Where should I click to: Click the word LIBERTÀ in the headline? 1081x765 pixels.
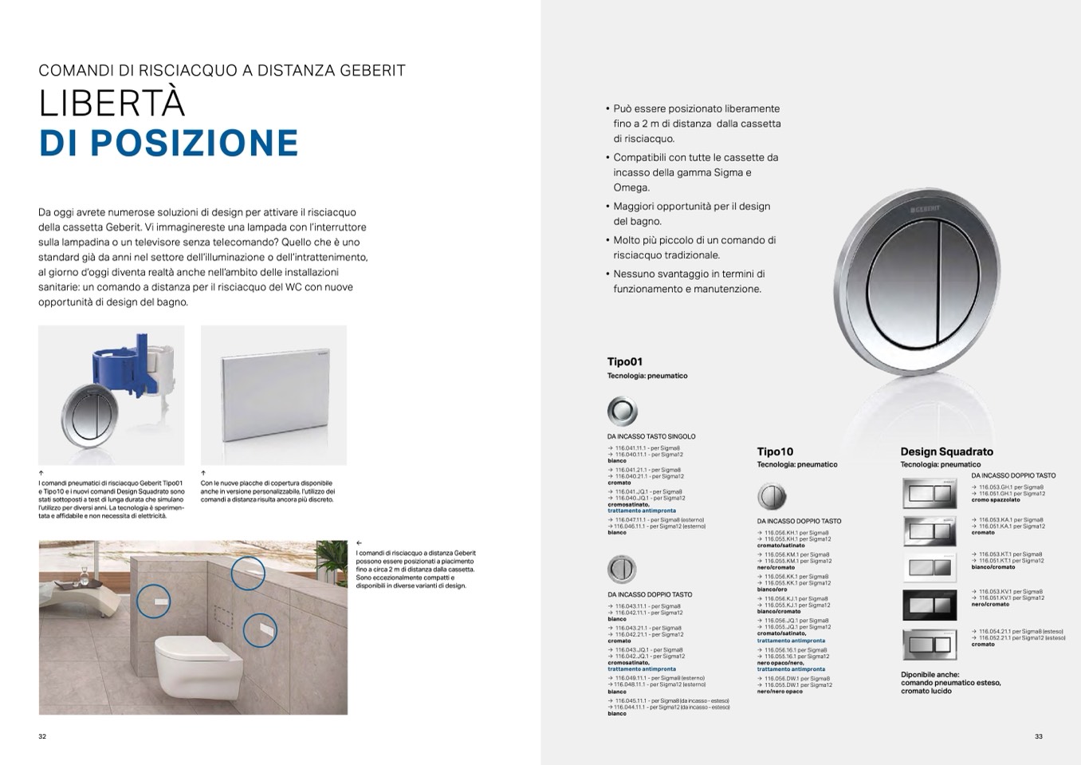112,104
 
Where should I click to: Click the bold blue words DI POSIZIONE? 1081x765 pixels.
168,143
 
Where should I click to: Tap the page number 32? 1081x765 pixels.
42,736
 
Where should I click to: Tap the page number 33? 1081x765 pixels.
1038,736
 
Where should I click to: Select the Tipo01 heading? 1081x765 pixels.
624,361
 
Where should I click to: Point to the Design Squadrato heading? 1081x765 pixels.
946,452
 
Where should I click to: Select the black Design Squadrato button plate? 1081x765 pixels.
930,605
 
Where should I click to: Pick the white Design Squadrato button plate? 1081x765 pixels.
930,567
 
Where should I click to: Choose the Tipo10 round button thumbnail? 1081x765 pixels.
772,496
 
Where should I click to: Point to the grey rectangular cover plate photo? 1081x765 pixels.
273,395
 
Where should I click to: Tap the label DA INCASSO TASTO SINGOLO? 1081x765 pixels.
651,436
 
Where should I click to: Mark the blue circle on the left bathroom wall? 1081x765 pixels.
153,600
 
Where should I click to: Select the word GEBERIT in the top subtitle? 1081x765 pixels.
370,70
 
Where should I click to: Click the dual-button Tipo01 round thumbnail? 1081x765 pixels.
622,570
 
